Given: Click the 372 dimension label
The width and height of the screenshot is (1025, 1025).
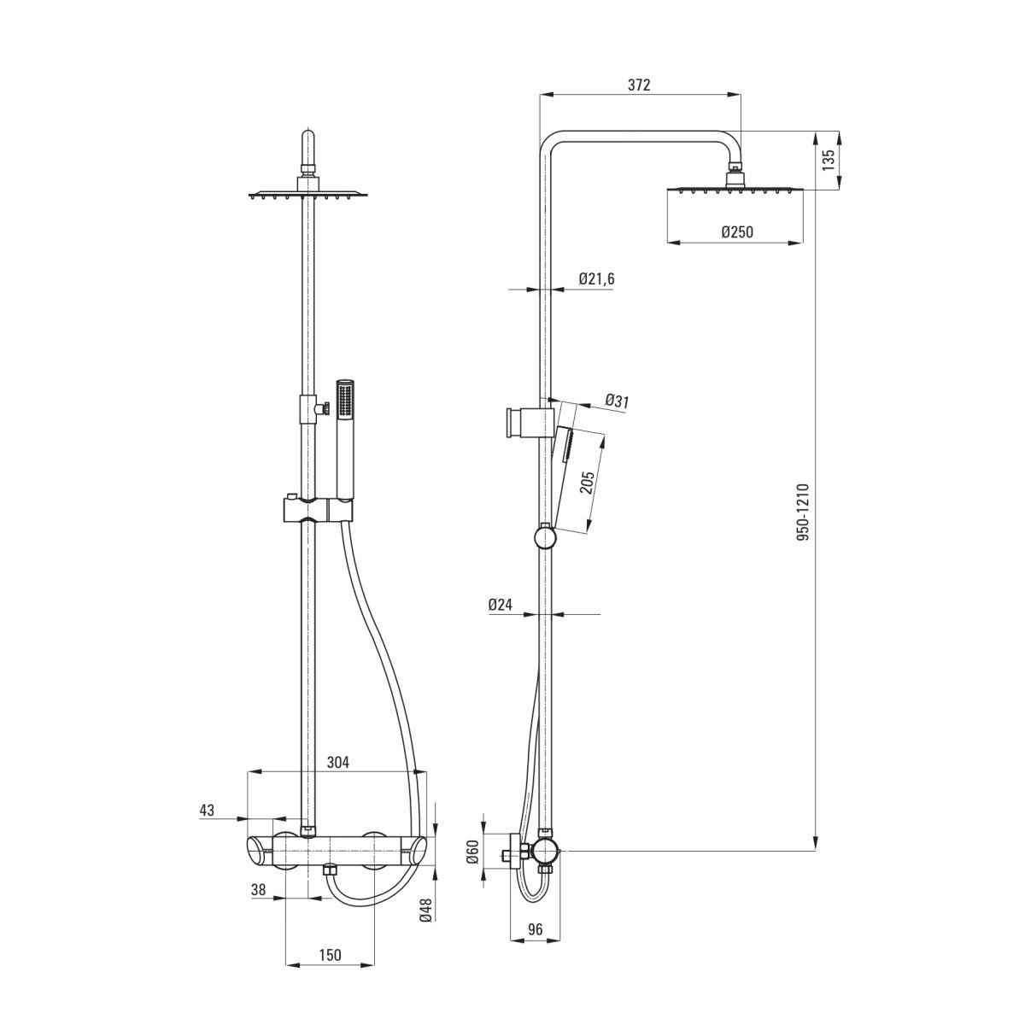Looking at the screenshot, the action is (639, 85).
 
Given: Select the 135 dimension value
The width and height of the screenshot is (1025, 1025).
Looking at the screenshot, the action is (829, 160).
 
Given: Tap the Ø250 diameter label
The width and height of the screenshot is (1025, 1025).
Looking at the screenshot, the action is (737, 232).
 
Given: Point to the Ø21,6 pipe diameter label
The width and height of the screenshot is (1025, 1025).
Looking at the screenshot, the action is (596, 278).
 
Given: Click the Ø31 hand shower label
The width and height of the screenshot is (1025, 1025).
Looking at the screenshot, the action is (617, 401).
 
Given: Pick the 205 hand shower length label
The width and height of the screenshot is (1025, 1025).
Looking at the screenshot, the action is (587, 482).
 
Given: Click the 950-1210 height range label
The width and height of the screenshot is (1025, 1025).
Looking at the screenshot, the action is (803, 512).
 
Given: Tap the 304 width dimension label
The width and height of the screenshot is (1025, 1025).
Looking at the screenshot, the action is (337, 762).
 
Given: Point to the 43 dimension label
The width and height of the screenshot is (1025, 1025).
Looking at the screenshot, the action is (207, 810).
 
